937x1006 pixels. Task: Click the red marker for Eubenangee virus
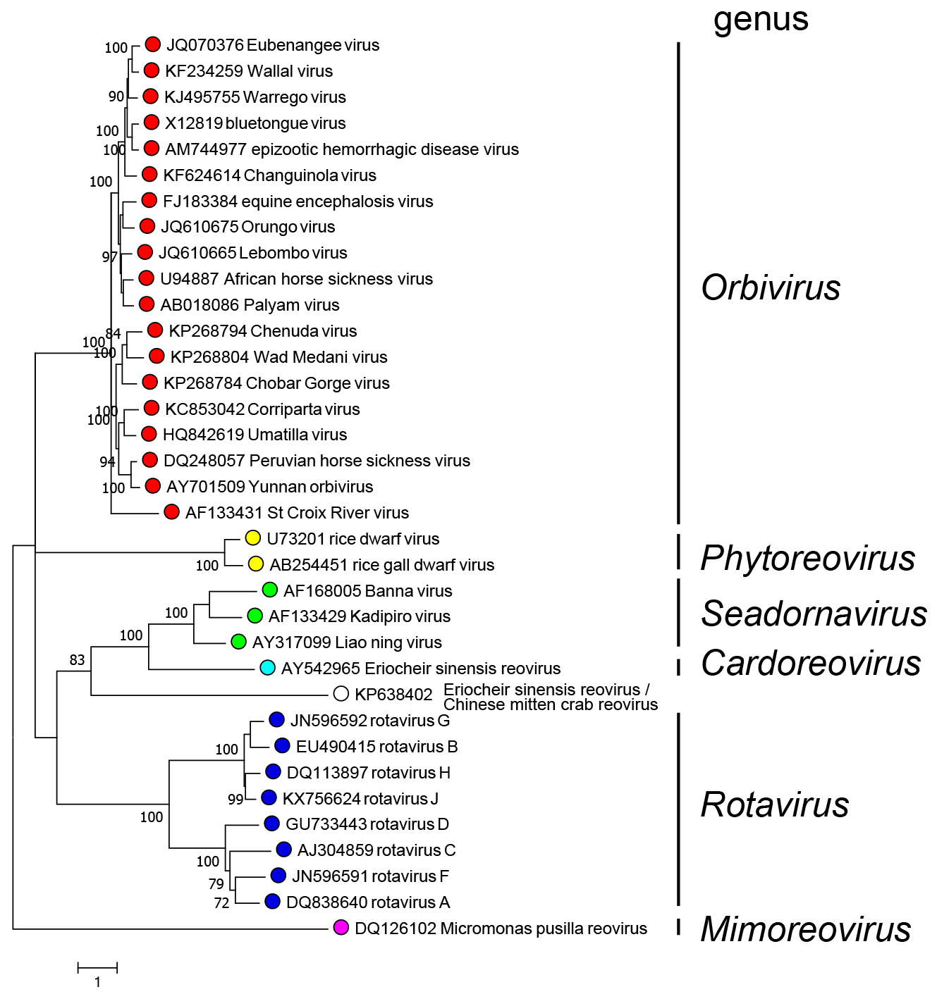click(153, 44)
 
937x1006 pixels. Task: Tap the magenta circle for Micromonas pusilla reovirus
click(341, 928)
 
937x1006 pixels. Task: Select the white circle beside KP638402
click(341, 694)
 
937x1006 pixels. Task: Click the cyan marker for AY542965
click(267, 667)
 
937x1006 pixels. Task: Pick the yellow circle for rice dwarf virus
click(253, 538)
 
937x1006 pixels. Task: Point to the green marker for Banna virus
click(269, 590)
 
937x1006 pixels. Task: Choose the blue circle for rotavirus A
click(272, 901)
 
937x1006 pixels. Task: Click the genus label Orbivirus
click(771, 287)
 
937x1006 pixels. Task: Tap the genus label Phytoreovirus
click(807, 558)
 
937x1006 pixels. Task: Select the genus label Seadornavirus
click(814, 613)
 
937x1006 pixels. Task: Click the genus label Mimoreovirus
click(805, 929)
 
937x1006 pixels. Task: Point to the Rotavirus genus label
click(775, 805)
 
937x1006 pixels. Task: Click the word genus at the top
click(761, 19)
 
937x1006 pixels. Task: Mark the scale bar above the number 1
click(97, 967)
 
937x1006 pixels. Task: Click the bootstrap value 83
click(77, 660)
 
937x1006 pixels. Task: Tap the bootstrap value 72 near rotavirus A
click(221, 903)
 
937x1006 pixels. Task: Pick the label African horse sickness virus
click(329, 279)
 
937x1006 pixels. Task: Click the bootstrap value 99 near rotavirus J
click(235, 800)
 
